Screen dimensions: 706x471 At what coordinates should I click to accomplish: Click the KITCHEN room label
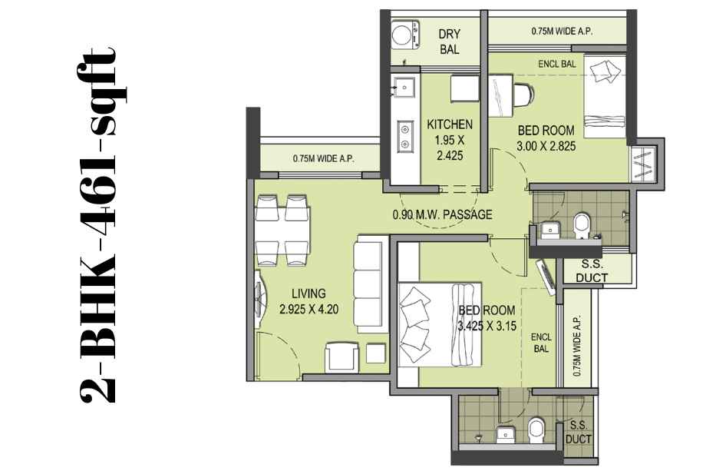click(x=450, y=124)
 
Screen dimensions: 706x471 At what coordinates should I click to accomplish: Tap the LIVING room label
click(x=308, y=294)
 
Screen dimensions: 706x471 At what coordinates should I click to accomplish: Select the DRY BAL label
click(x=450, y=41)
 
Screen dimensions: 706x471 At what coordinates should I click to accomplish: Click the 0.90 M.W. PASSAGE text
click(x=442, y=214)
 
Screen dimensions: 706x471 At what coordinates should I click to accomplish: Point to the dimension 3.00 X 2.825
click(x=546, y=146)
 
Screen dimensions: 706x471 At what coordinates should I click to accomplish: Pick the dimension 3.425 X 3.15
click(x=487, y=326)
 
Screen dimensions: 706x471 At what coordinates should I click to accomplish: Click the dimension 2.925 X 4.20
click(x=308, y=309)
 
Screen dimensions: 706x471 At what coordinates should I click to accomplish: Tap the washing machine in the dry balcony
click(x=404, y=35)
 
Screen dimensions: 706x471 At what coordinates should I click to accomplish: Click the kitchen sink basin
click(x=404, y=86)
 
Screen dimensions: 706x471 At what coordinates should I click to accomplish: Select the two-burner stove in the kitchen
click(x=404, y=137)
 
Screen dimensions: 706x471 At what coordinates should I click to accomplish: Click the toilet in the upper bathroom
click(x=581, y=225)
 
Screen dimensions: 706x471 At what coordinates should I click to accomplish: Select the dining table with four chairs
click(x=282, y=231)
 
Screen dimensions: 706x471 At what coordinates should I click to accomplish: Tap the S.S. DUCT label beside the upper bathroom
click(x=591, y=271)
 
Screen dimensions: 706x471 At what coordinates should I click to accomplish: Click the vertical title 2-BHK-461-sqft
click(x=97, y=224)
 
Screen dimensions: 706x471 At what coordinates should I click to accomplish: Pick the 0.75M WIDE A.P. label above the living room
click(x=323, y=158)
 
